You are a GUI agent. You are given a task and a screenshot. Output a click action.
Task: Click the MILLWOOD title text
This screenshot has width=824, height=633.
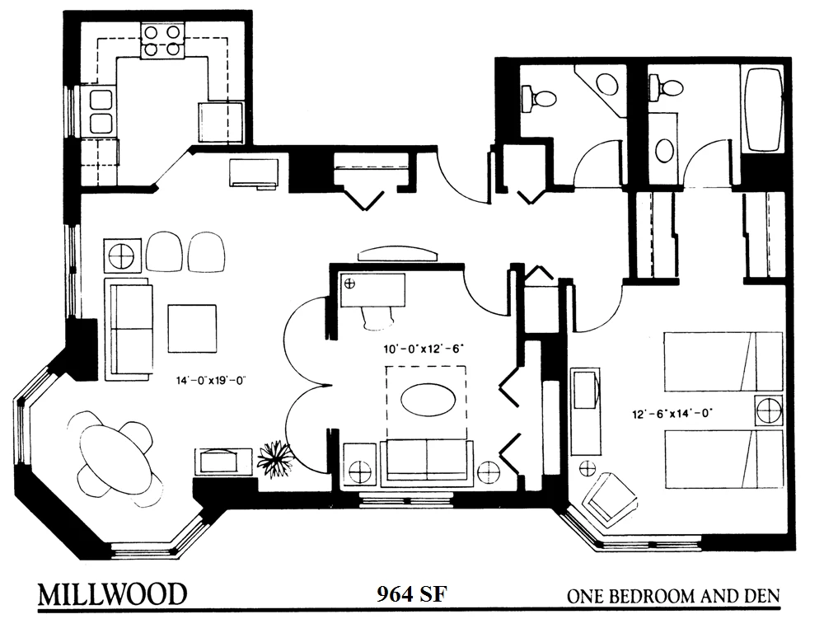112,594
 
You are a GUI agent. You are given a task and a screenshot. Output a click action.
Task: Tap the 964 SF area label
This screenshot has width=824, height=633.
412,594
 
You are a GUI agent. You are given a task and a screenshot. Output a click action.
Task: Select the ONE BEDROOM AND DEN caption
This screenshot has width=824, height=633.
673,596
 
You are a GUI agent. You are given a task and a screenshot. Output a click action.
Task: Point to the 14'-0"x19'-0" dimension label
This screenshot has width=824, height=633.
211,380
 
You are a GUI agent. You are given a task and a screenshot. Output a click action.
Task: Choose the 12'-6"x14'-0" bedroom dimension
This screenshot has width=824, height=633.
672,413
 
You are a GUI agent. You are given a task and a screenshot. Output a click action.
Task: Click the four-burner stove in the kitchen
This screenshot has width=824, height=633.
162,41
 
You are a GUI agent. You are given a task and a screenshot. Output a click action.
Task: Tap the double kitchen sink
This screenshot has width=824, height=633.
101,111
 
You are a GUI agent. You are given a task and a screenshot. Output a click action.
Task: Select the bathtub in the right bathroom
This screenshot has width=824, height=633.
762,108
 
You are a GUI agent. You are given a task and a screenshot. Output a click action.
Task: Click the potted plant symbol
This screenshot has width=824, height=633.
274,460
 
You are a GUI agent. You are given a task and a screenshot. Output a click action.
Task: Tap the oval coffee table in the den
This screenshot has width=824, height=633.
428,401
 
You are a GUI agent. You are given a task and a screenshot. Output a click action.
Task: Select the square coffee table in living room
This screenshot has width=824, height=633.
192,329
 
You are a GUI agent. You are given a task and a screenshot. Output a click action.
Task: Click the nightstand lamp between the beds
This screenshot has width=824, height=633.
770,410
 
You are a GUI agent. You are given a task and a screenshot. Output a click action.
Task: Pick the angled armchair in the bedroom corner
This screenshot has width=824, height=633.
609,498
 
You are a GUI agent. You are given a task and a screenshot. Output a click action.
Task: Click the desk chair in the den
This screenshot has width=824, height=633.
378,317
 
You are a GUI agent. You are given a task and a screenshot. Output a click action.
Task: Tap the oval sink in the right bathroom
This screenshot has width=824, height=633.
665,150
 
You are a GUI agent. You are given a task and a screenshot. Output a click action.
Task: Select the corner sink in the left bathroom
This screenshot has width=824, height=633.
607,83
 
